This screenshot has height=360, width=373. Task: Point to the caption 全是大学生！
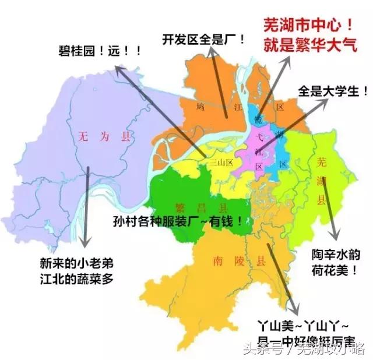pyautogui.click(x=333, y=91)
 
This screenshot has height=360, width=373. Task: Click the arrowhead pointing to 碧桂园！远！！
pyautogui.click(x=117, y=68)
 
